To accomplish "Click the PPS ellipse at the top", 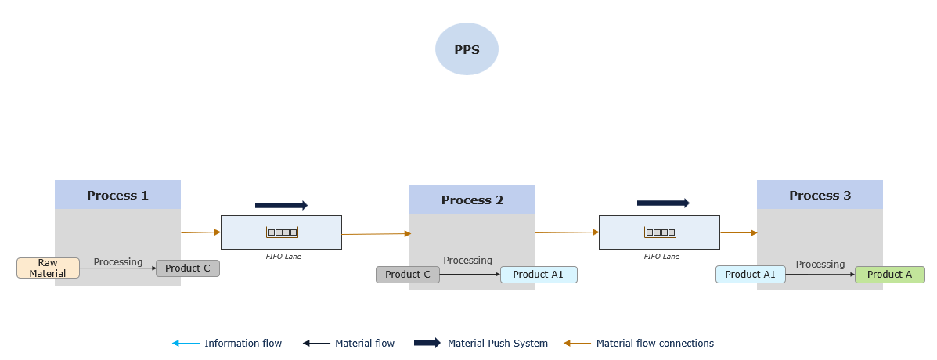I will [467, 49].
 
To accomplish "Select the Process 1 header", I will [117, 195].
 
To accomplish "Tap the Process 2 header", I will [472, 200].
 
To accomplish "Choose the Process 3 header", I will [820, 195].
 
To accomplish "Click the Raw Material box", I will [48, 268].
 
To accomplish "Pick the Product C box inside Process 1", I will [188, 268].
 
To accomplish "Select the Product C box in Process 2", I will [408, 275].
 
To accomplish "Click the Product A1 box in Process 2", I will [539, 275].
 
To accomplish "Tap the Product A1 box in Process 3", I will [750, 275].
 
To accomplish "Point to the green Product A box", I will [889, 275].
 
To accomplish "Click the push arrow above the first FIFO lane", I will [281, 205].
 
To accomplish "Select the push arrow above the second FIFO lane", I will [663, 203].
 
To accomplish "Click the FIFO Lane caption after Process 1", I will [282, 256].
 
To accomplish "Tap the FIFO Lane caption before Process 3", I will [661, 256].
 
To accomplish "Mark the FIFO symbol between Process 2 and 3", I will [661, 232].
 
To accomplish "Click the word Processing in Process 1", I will [118, 262].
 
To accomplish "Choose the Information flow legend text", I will [243, 343].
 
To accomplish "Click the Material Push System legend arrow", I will [427, 343].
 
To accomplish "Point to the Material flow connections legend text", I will [654, 343].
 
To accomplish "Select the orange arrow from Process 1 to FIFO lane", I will [201, 232].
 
